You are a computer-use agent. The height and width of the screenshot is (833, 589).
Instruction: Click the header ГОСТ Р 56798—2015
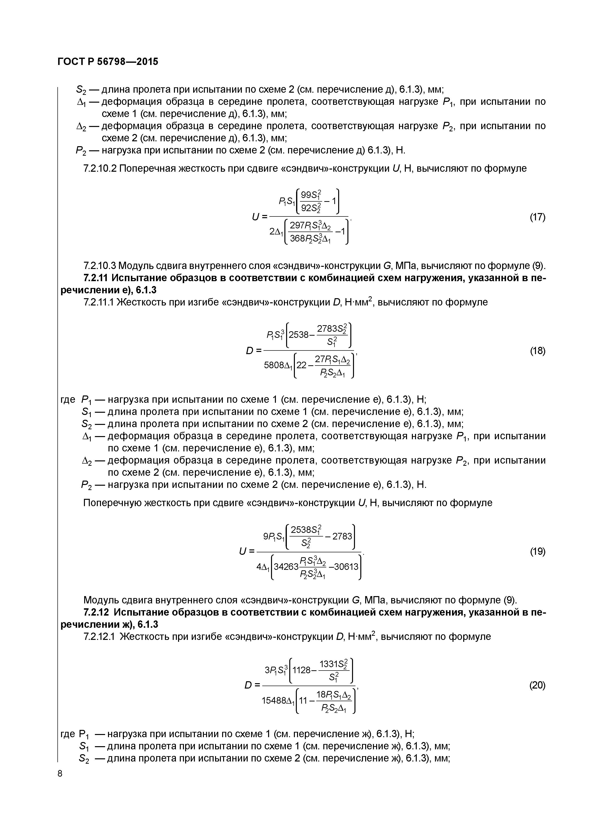pyautogui.click(x=108, y=62)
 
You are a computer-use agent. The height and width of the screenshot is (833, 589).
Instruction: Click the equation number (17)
pyautogui.click(x=537, y=217)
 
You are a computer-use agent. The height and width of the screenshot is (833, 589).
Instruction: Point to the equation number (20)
pyautogui.click(x=537, y=685)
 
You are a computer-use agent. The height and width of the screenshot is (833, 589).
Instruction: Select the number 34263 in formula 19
pyautogui.click(x=286, y=566)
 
